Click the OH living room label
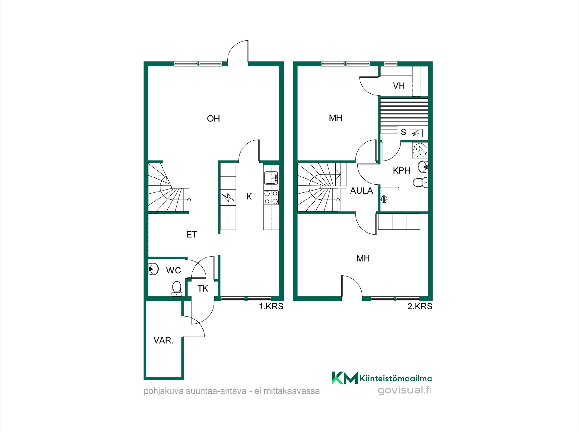(x=213, y=119)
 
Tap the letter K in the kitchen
(x=249, y=197)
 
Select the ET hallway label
(x=191, y=235)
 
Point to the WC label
(x=173, y=270)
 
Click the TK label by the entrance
(x=203, y=289)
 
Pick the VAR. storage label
(x=163, y=341)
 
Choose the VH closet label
(x=399, y=86)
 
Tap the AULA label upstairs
(x=362, y=191)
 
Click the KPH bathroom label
(x=401, y=171)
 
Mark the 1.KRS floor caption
(x=271, y=307)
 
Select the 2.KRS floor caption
(x=420, y=307)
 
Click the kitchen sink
(x=271, y=178)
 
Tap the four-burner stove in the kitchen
(x=271, y=198)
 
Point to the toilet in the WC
(x=176, y=289)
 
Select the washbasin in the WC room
(x=153, y=269)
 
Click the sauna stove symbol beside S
(x=416, y=133)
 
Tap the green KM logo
(x=345, y=378)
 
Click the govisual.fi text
(x=405, y=390)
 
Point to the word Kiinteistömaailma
(x=395, y=378)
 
